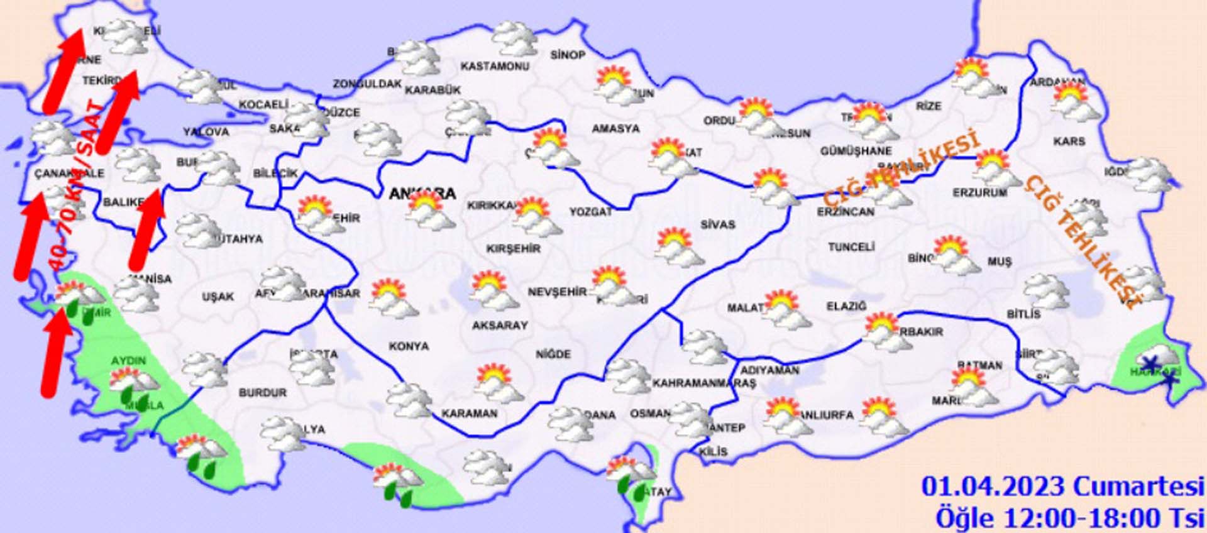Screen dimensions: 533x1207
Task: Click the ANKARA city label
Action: point(422,193)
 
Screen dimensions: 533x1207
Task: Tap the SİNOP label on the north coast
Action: point(568,55)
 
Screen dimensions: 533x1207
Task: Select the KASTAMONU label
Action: point(495,66)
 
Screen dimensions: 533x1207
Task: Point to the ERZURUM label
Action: point(979,192)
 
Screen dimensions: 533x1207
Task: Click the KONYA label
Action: point(409,346)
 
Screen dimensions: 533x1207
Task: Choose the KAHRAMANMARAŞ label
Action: point(704,383)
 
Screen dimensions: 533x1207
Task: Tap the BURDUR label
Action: point(263,392)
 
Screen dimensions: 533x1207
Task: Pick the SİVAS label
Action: point(718,224)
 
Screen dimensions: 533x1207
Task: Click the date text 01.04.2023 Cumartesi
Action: point(1062,486)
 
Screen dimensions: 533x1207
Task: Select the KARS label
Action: point(1069,141)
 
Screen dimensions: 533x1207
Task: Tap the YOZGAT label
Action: point(590,212)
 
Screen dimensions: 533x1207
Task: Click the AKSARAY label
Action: point(500,325)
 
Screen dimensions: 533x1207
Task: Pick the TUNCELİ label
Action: point(851,247)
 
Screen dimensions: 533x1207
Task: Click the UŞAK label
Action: point(218,296)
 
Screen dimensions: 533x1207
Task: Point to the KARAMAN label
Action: point(469,414)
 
